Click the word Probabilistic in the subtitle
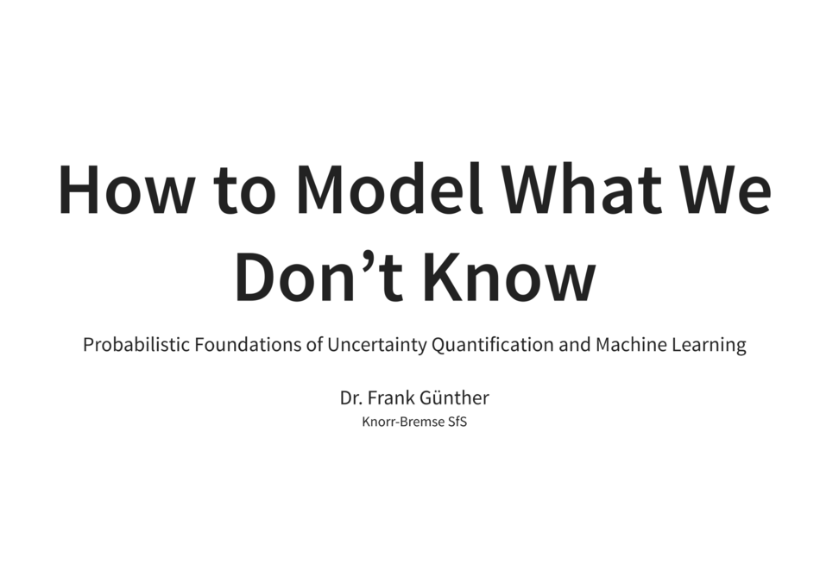pos(136,345)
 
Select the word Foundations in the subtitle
pos(248,345)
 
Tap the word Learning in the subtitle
pos(708,345)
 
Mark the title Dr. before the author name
pos(350,398)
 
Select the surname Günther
pos(455,398)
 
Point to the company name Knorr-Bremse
pos(398,422)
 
